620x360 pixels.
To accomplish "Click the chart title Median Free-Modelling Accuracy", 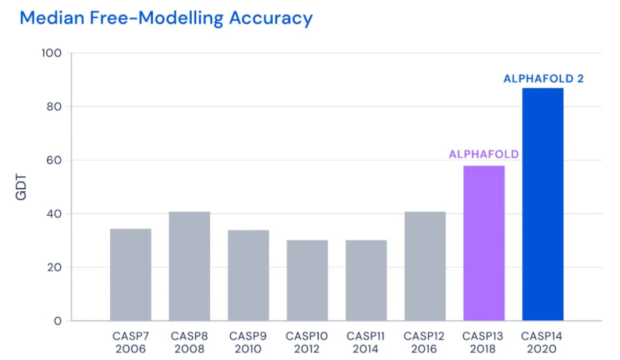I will pos(166,18).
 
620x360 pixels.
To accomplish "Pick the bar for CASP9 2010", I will pos(249,275).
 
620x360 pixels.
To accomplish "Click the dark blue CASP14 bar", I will pos(542,204).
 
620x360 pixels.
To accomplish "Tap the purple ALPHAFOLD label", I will pos(484,154).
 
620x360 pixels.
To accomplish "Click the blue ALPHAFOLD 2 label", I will pos(543,79).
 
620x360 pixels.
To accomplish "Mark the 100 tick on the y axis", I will pos(51,53).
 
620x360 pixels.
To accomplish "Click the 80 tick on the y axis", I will pos(54,107).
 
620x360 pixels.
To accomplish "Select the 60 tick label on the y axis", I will pos(54,160).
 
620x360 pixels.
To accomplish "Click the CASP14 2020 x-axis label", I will pos(542,342).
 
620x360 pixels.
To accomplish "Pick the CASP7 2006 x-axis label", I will pos(131,342).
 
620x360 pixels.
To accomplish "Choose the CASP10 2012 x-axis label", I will pos(307,342).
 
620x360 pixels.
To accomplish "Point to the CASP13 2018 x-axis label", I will pos(484,342).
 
